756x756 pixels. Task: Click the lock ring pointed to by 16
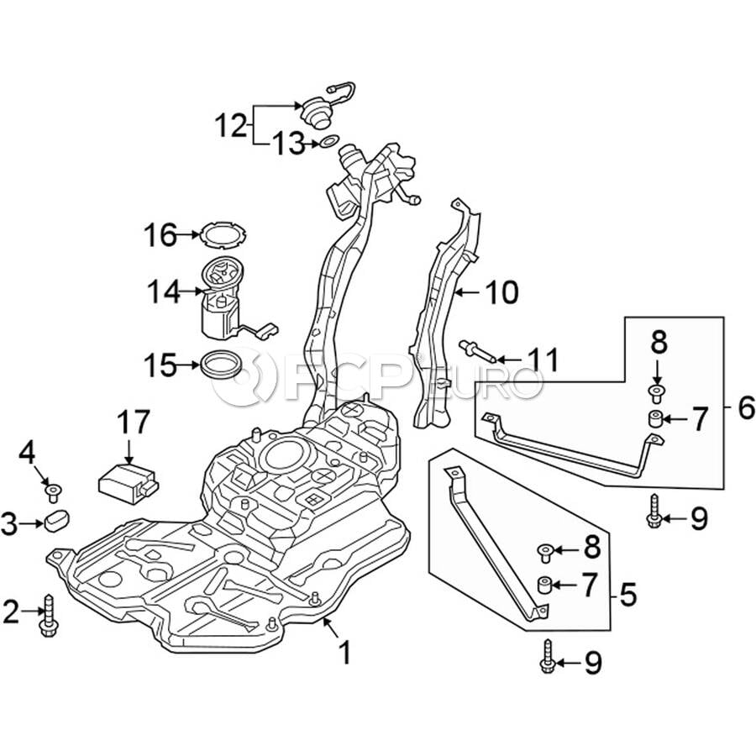click(x=219, y=234)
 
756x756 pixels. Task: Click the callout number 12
click(x=231, y=128)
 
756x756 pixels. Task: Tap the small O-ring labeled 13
click(x=329, y=143)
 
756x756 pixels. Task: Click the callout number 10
click(x=501, y=293)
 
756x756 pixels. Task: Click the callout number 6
click(x=743, y=409)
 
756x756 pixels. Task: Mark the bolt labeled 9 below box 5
click(x=546, y=656)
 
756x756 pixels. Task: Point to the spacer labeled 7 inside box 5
click(x=545, y=584)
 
